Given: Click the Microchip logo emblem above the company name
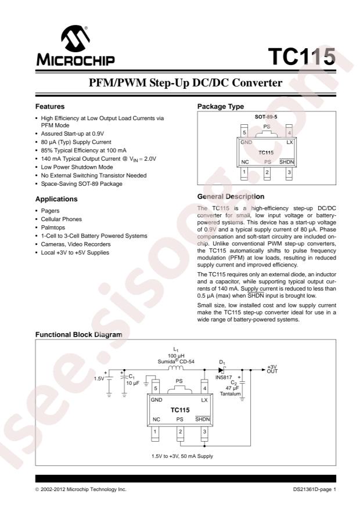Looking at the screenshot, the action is click(x=75, y=38).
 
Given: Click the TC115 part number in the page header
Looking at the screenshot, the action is click(x=301, y=57).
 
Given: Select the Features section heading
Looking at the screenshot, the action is click(x=50, y=106).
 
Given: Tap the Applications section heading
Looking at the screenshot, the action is click(x=56, y=199).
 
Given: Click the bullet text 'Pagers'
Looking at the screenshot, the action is click(x=50, y=211).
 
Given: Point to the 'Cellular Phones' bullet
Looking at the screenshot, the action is click(x=62, y=219).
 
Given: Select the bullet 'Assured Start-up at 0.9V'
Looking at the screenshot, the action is click(x=73, y=133).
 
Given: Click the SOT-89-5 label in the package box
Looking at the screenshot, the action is click(x=266, y=117).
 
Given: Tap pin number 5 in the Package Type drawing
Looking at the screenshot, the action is click(x=244, y=132).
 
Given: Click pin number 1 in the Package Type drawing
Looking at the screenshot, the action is click(x=244, y=172).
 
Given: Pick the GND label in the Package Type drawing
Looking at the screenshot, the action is click(x=246, y=142).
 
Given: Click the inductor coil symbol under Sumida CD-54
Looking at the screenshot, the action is click(x=175, y=368).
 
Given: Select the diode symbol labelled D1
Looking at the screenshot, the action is click(x=222, y=370).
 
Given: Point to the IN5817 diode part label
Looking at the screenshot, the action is click(x=224, y=377).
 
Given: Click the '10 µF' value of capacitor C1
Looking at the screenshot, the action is click(x=132, y=383).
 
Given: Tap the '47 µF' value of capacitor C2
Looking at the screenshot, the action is click(x=232, y=388).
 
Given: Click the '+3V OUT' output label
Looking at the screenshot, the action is click(x=272, y=369).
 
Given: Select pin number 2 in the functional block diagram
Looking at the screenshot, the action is click(x=180, y=432).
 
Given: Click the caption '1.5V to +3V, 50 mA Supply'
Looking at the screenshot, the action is click(x=182, y=456).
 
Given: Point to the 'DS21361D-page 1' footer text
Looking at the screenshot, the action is click(x=315, y=489).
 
